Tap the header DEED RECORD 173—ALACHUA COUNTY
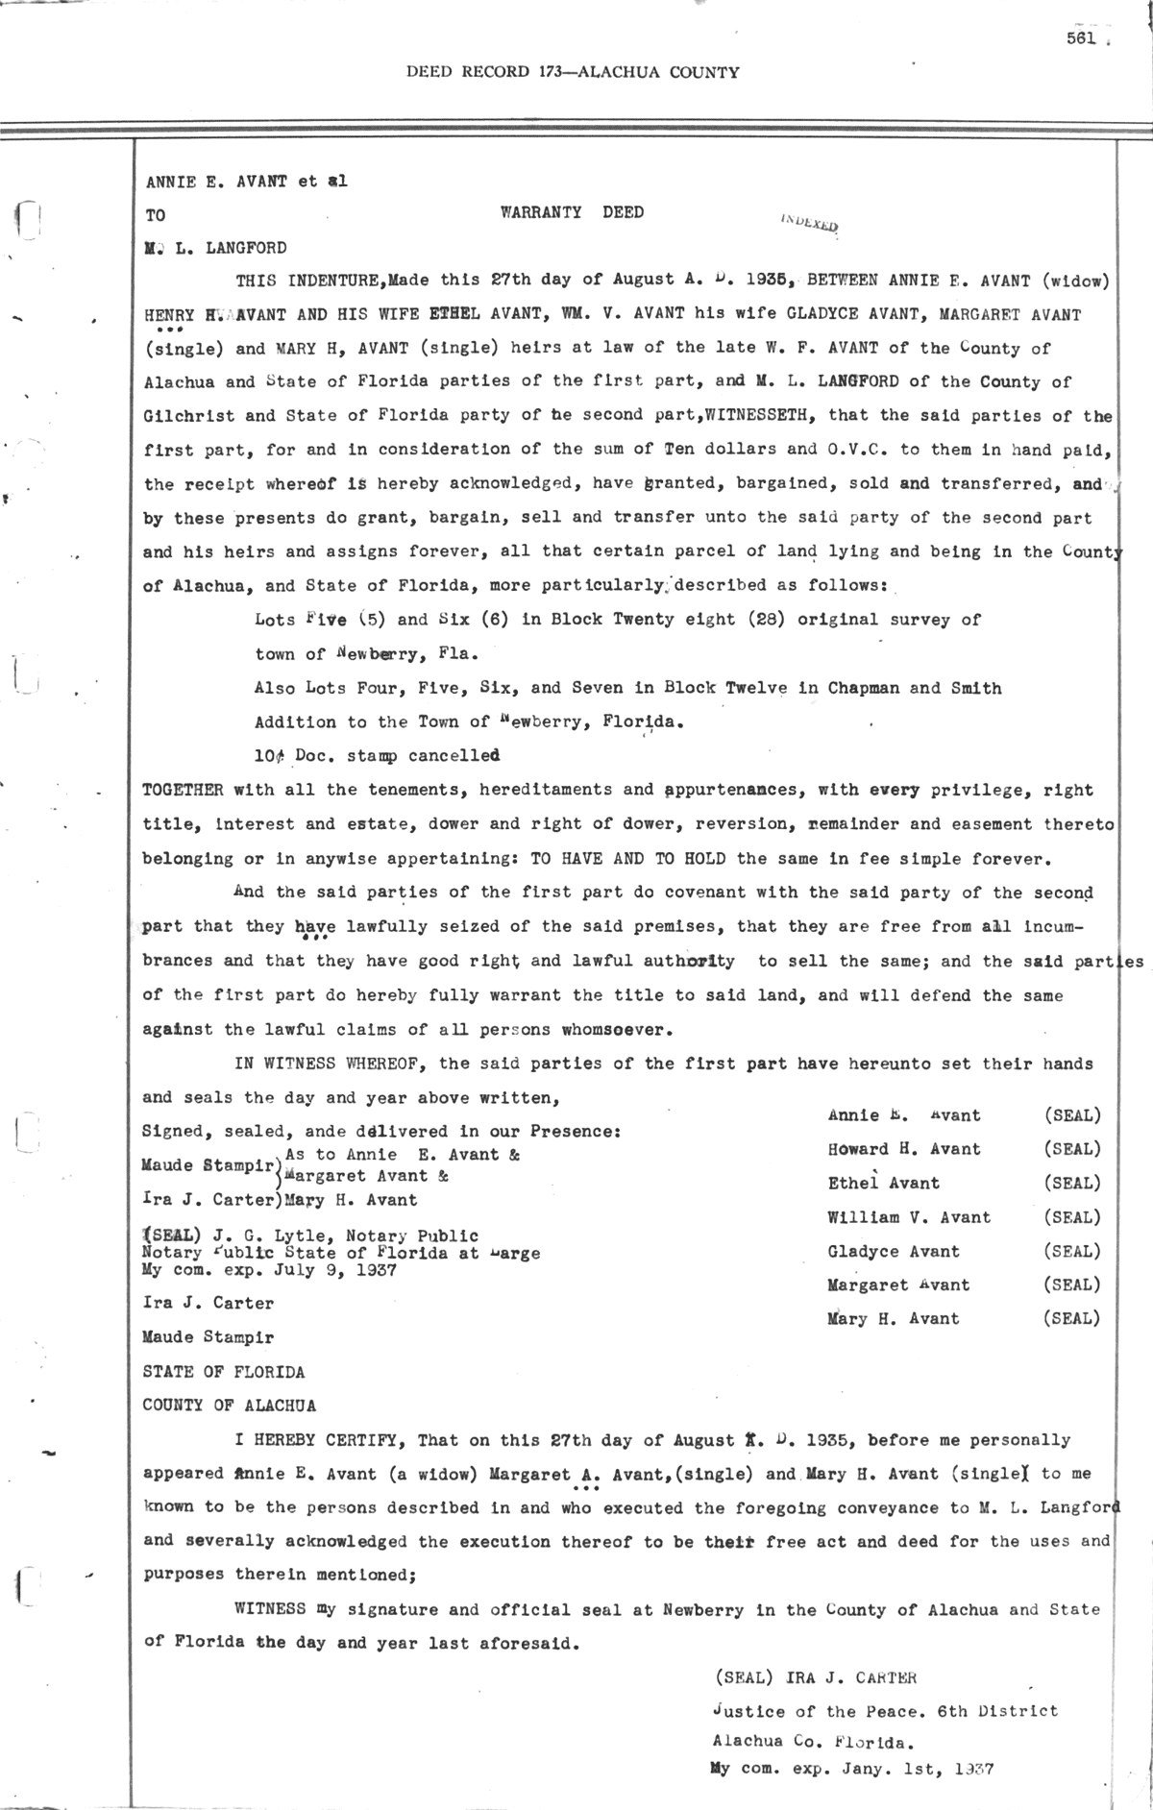(573, 72)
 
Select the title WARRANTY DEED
(572, 212)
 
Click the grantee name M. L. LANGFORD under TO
(214, 248)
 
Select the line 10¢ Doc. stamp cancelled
(377, 756)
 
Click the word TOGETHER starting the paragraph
(183, 790)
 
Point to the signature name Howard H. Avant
(904, 1149)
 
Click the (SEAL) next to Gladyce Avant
(1071, 1251)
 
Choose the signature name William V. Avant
(908, 1217)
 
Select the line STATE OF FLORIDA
(223, 1371)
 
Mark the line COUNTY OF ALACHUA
(229, 1405)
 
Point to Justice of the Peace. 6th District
(884, 1711)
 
